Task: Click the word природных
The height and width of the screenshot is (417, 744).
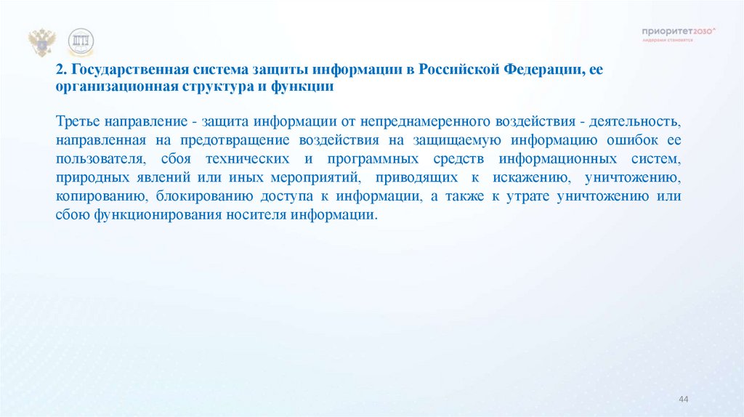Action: [x=86, y=177]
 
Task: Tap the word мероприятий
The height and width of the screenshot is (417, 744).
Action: [x=315, y=177]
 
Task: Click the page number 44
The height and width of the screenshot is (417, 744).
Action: [x=683, y=400]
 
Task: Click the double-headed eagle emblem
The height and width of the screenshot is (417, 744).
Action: [x=42, y=42]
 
